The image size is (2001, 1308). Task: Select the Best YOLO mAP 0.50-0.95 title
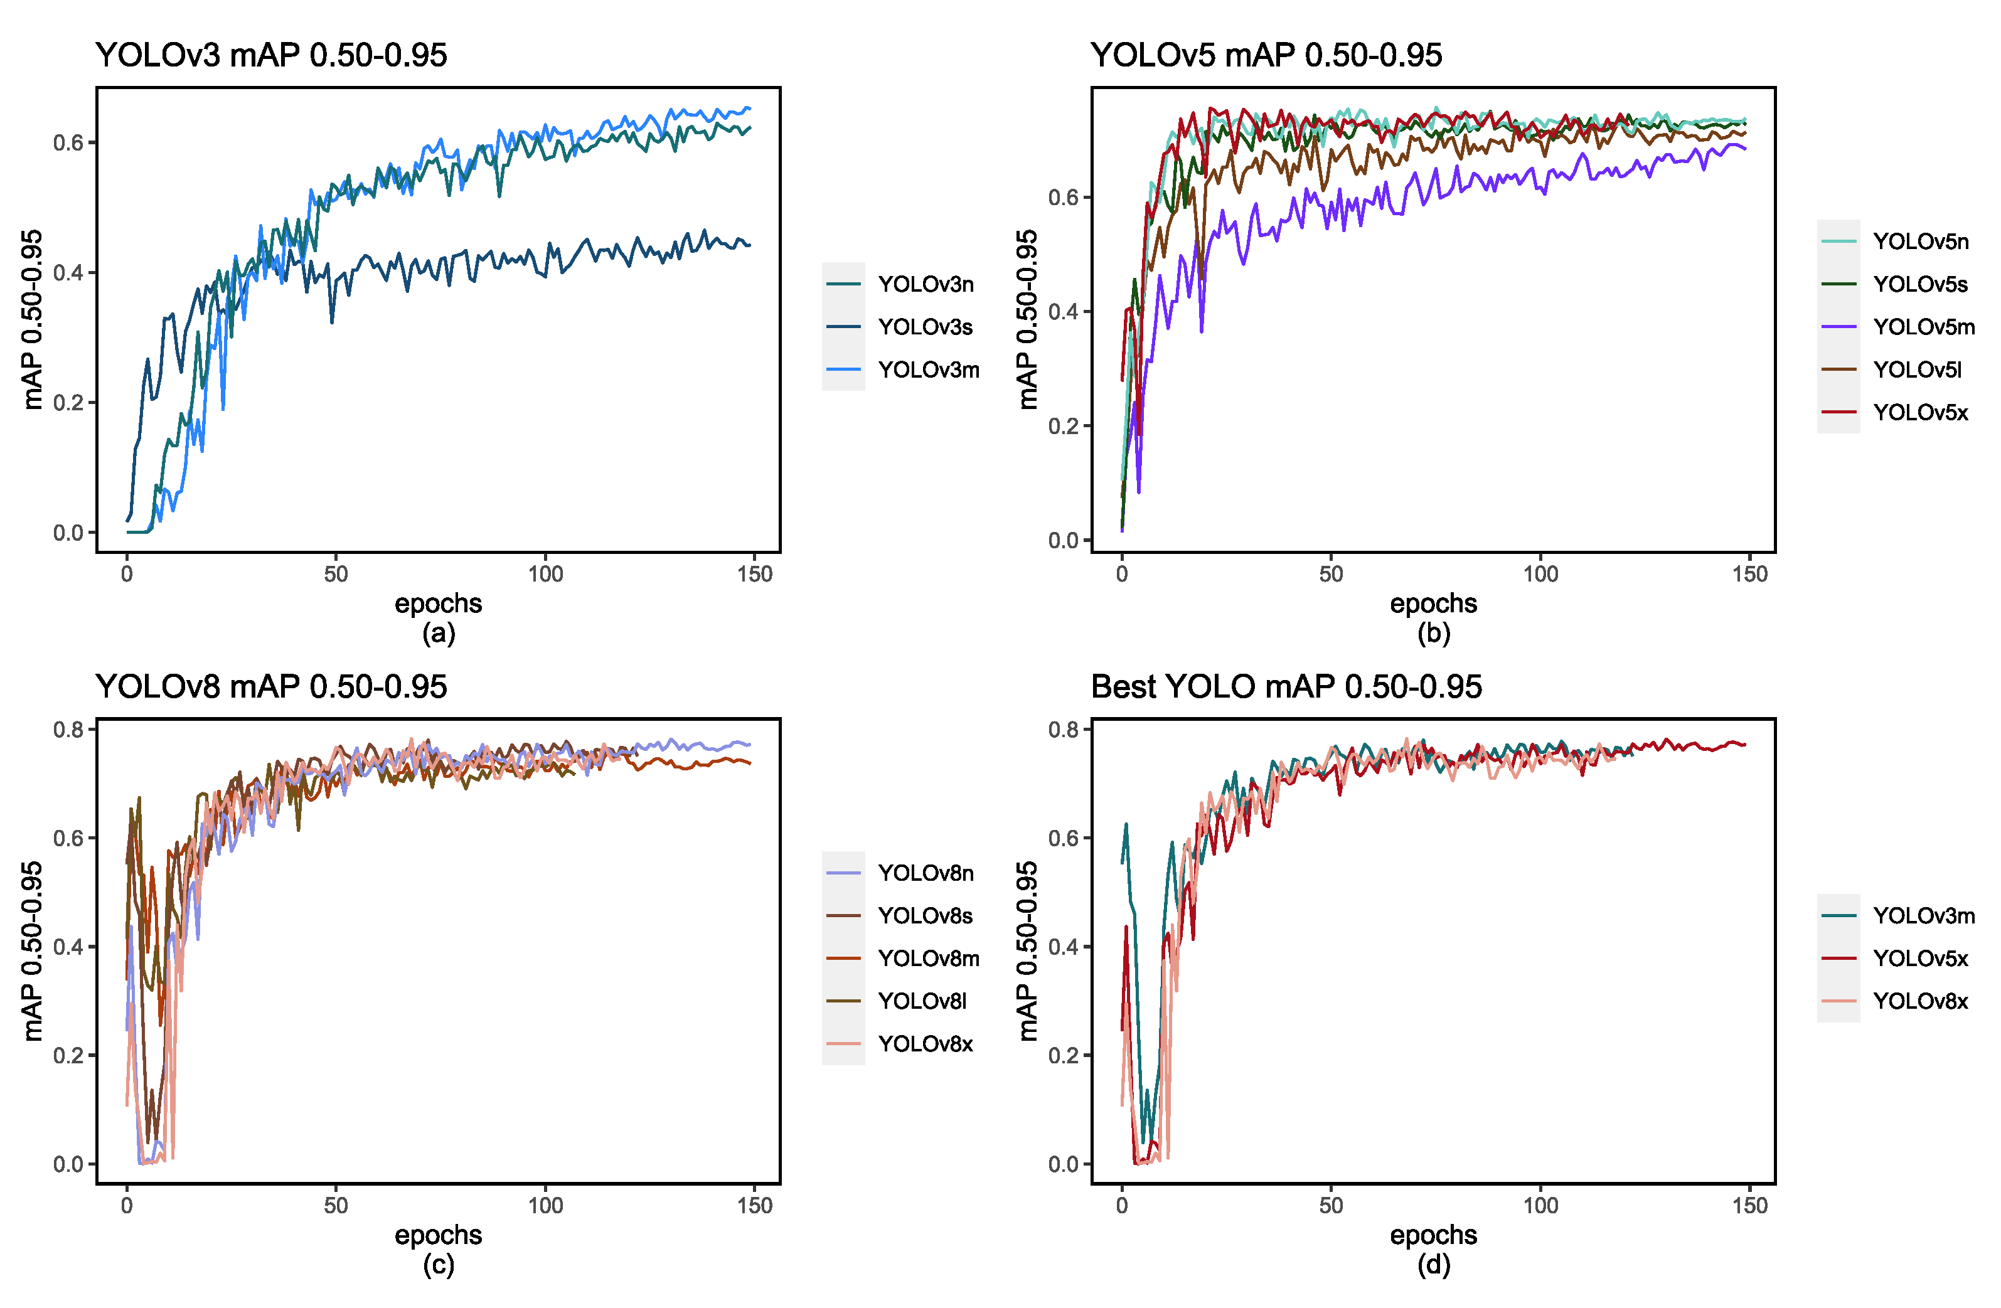click(x=1286, y=687)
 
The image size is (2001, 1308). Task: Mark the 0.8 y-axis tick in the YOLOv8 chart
click(x=68, y=730)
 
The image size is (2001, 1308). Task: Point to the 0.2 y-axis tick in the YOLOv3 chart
click(x=68, y=403)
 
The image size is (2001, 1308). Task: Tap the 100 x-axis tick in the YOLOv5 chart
click(x=1540, y=575)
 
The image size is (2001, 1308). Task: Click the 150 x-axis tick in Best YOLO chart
click(x=1749, y=1206)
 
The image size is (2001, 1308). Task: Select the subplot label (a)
click(x=438, y=633)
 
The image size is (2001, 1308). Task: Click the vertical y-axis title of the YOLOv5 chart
click(x=1027, y=319)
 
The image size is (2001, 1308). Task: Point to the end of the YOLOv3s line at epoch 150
click(x=749, y=245)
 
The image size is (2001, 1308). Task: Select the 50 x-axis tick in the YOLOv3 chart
click(x=336, y=575)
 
